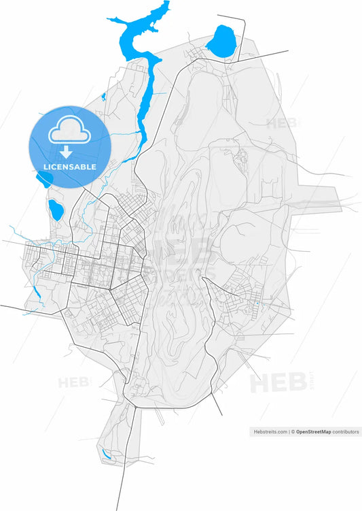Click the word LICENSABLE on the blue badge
pos(70,167)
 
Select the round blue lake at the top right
pos(220,42)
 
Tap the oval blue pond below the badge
pos(56,210)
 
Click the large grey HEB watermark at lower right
pos(278,383)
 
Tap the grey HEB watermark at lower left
pos(73,383)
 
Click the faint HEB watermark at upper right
pos(280,123)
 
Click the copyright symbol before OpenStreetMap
pos(293,431)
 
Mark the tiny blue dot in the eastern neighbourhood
pos(258,302)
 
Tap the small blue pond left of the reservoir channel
pos(103,97)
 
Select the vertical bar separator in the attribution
pos(289,431)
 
